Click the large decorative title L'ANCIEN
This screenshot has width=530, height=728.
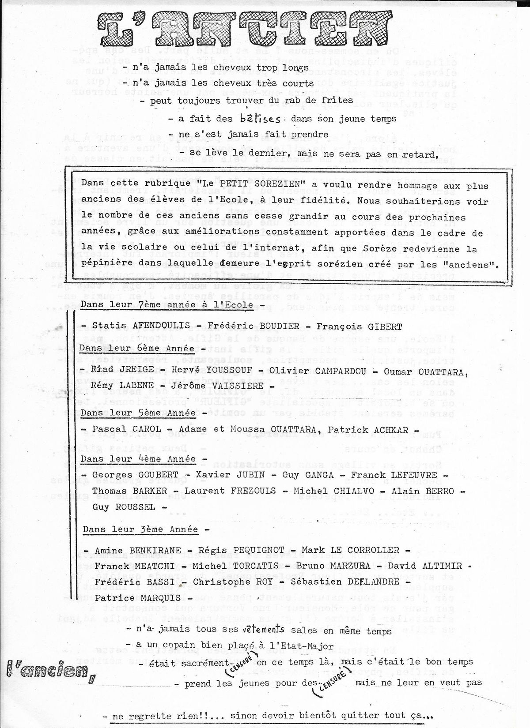(242, 26)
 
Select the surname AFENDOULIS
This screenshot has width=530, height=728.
(161, 326)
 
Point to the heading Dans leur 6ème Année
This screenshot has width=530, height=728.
(136, 348)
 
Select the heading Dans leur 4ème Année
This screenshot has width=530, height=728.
(138, 458)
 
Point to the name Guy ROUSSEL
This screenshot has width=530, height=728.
(124, 507)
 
